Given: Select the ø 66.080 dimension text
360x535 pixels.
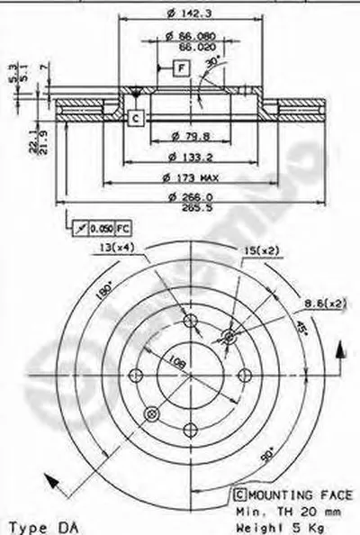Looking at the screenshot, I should click(x=186, y=35).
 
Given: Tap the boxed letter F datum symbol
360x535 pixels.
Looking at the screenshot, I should click(x=181, y=67).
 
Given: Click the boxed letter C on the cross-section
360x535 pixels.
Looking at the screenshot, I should click(x=134, y=116).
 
